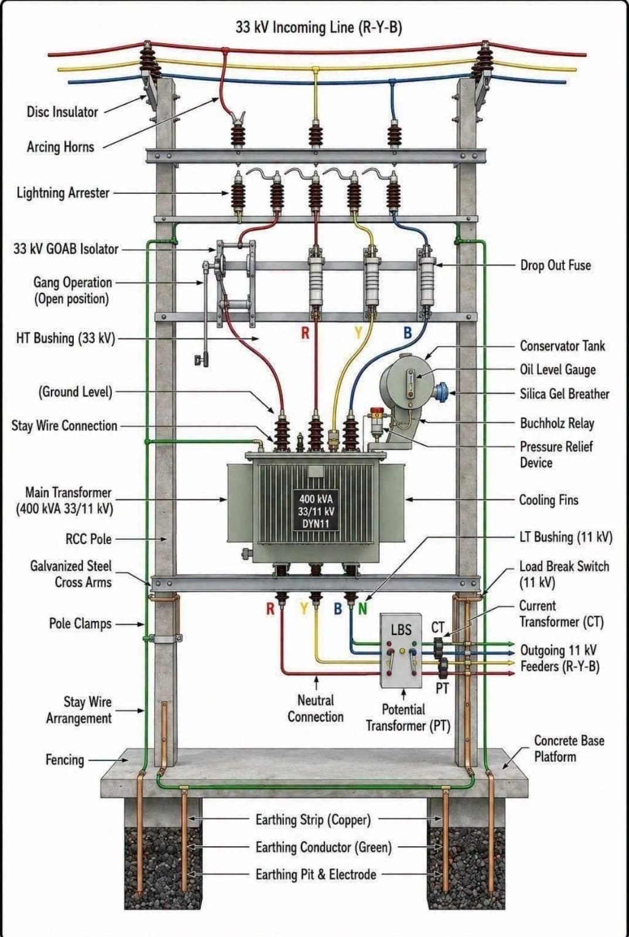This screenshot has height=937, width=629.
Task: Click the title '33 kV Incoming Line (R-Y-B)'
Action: (319, 28)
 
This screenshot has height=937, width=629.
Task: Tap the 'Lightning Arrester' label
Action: (63, 193)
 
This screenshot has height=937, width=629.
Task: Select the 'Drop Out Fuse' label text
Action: (555, 265)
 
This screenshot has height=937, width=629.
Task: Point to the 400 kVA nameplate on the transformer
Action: (316, 511)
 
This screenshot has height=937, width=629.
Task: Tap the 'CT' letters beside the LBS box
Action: (437, 627)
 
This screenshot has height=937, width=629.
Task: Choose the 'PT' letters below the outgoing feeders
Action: (442, 688)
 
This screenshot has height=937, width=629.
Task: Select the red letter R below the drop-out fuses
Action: (305, 333)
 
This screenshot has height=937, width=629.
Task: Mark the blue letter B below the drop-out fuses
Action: (408, 333)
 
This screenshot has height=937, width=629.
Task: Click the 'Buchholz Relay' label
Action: (556, 423)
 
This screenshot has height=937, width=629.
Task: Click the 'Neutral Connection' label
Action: (315, 709)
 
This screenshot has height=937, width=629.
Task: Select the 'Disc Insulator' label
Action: (62, 112)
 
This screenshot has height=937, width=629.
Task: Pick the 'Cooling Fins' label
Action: (549, 500)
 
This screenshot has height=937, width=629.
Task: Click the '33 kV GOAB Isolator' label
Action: (66, 249)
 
